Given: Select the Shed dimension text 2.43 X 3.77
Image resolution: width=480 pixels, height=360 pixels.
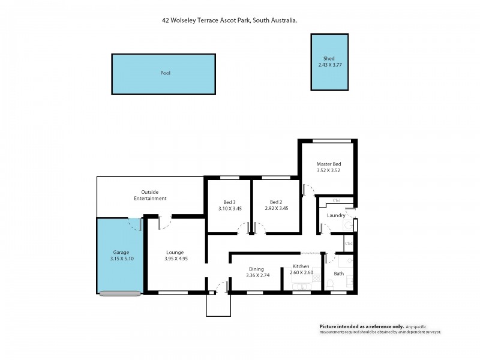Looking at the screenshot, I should pos(330,65).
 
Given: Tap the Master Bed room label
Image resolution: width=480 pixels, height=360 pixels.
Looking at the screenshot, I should pos(329,164).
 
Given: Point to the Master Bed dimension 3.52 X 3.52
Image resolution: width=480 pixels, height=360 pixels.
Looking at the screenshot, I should pos(329,170).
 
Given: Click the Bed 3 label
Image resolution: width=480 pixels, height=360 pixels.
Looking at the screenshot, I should pos(229,202).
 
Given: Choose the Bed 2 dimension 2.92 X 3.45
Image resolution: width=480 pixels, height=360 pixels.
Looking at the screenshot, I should pos(277,208).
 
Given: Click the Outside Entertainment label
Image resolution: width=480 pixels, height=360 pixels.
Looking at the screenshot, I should pos(150,195).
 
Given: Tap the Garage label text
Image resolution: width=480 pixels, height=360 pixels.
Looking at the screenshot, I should pos(121,252).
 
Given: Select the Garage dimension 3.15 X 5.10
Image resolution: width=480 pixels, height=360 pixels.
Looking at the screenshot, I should pos(121,259).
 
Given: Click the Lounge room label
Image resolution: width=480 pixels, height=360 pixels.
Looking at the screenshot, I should pos(175,252).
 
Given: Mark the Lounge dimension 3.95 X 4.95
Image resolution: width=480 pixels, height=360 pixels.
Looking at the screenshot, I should pos(175,259).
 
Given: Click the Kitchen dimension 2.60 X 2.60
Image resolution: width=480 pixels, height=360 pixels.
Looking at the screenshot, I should pos(301,273).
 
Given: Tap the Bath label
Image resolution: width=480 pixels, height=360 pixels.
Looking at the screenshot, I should pos(339,274).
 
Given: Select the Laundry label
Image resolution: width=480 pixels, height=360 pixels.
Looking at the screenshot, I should pos(336,215).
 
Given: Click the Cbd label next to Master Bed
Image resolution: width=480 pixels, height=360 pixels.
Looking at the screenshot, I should pos(337,200).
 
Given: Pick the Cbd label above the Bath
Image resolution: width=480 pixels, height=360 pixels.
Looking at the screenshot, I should pos(349,243).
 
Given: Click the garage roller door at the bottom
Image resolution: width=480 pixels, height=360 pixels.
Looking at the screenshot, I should pos(121,293).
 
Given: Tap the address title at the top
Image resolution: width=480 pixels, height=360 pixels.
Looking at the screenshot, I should pos(230,20).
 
